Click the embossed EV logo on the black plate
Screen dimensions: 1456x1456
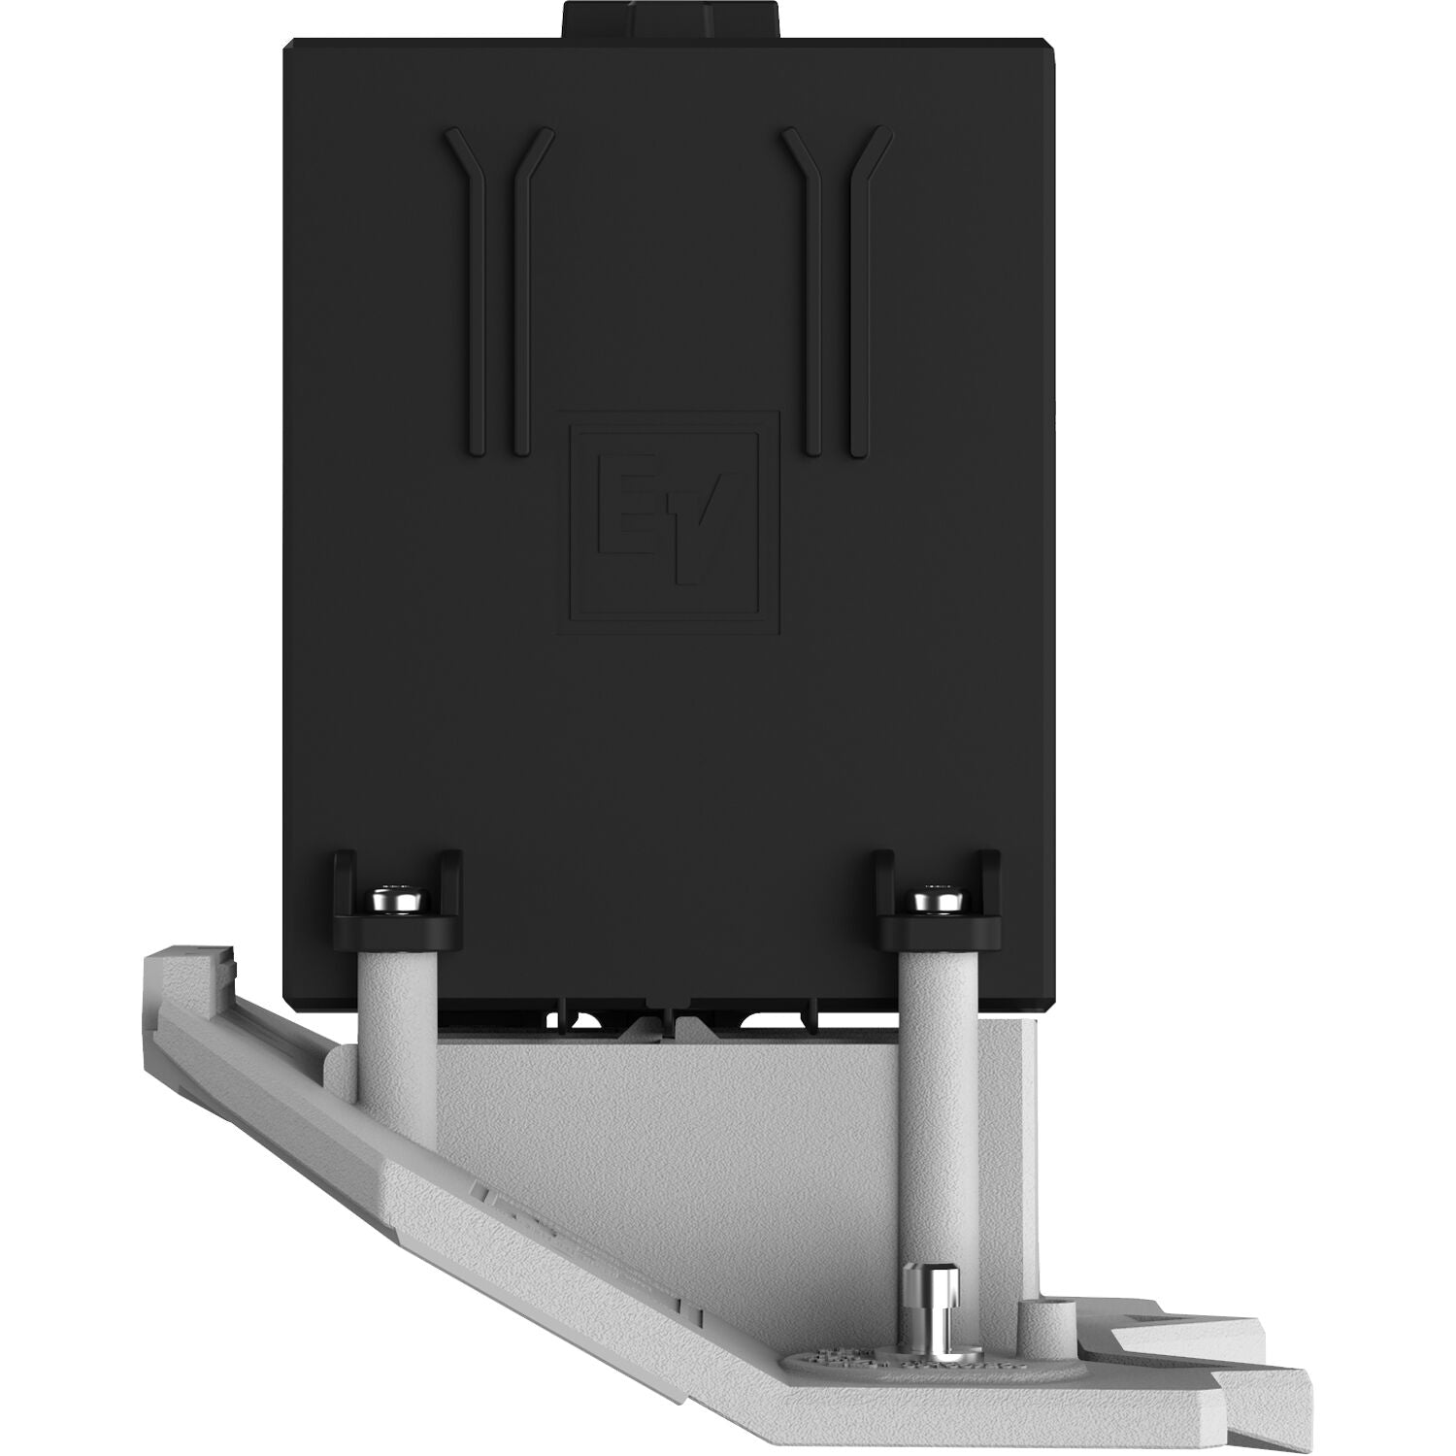pyautogui.click(x=674, y=522)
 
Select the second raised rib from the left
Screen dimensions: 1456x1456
pyautogui.click(x=524, y=291)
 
